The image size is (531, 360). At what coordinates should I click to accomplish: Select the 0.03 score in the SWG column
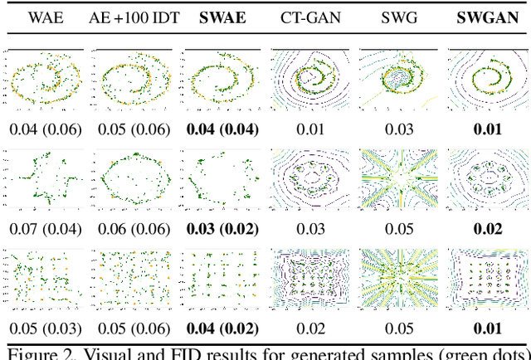(397, 129)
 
